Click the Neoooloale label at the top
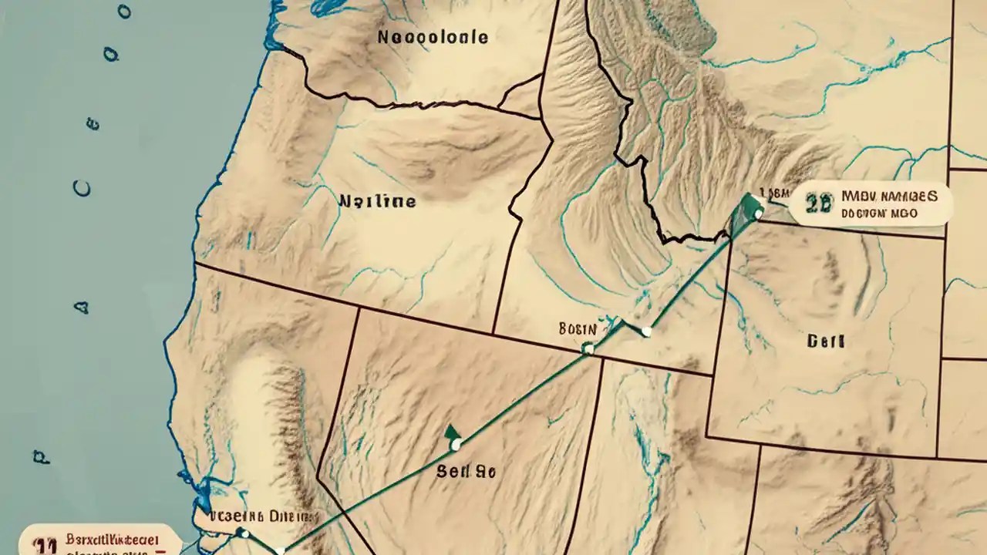433,37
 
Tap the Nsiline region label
377,202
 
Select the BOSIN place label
578,329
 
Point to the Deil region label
826,340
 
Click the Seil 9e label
465,471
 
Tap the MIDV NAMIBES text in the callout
890,197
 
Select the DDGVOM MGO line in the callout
880,213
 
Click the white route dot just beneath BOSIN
588,349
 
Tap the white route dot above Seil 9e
456,444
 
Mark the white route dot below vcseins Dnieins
244,533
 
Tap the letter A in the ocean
81,307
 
